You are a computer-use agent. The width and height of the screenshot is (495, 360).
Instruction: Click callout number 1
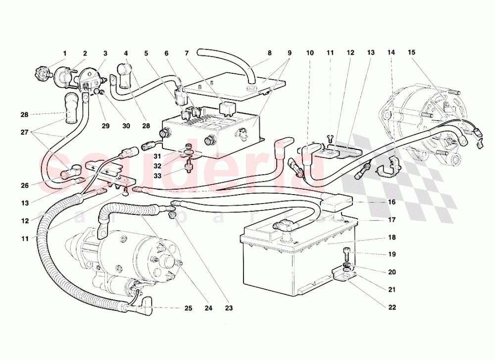64,53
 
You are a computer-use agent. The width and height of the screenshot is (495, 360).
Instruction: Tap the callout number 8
270,53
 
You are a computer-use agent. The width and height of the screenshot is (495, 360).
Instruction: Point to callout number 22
392,307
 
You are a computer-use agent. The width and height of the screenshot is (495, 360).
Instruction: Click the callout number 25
188,309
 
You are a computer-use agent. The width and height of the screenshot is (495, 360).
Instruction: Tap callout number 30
126,126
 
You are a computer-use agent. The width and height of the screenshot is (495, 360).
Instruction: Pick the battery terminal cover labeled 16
337,202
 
